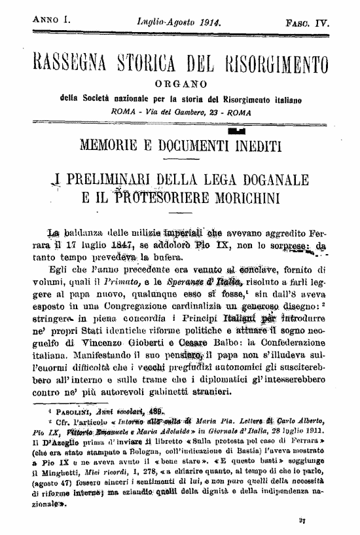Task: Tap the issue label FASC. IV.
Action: click(x=307, y=23)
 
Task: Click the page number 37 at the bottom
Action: click(x=321, y=521)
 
